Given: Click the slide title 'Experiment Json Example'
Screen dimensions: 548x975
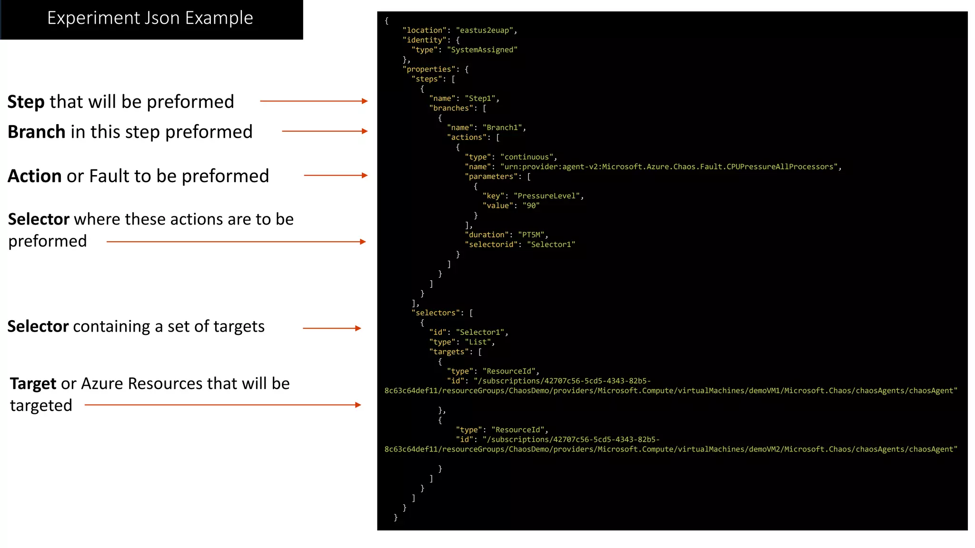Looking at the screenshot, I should tap(150, 18).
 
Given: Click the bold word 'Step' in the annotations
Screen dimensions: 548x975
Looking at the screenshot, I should tap(26, 102).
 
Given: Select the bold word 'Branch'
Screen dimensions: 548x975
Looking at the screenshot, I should tap(36, 132).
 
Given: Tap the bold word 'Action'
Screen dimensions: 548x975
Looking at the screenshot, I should tap(35, 176).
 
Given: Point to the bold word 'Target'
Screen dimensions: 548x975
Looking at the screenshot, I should tap(33, 383).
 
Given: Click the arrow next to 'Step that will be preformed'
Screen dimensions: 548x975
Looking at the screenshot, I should tap(314, 101).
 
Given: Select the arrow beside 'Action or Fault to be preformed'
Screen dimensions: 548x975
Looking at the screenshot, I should tap(336, 176).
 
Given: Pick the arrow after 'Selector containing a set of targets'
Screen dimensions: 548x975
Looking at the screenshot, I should tap(332, 328).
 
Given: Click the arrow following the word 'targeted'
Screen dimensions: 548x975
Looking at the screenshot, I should tap(223, 405).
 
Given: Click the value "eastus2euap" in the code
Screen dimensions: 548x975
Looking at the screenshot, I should tap(484, 30).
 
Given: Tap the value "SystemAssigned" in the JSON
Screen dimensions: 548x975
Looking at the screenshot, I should tap(482, 50).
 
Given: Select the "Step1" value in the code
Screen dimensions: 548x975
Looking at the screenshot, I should tap(481, 98).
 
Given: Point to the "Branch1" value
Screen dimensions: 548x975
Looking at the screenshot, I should tap(503, 127).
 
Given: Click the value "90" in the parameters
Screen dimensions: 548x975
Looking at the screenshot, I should tap(531, 205).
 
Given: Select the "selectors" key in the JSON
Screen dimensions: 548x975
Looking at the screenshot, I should tap(437, 313).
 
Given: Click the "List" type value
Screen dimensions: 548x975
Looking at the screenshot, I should tap(478, 342).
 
